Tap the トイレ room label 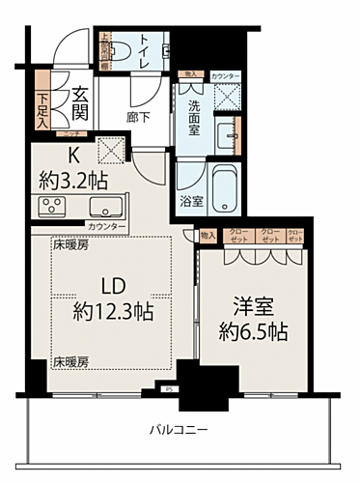tap(144, 46)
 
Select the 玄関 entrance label tap(79, 99)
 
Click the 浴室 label tap(190, 202)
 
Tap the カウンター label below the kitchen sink tap(106, 226)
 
